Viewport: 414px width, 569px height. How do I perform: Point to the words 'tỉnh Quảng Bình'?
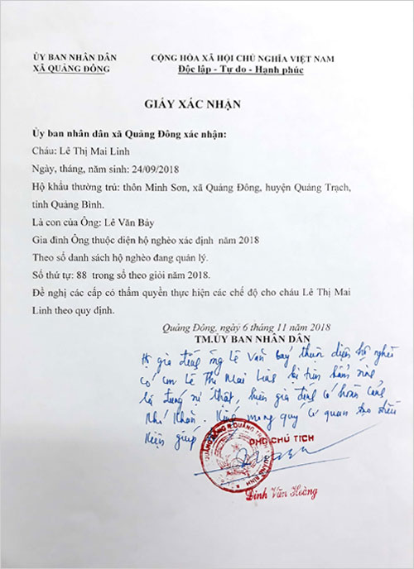70,205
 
